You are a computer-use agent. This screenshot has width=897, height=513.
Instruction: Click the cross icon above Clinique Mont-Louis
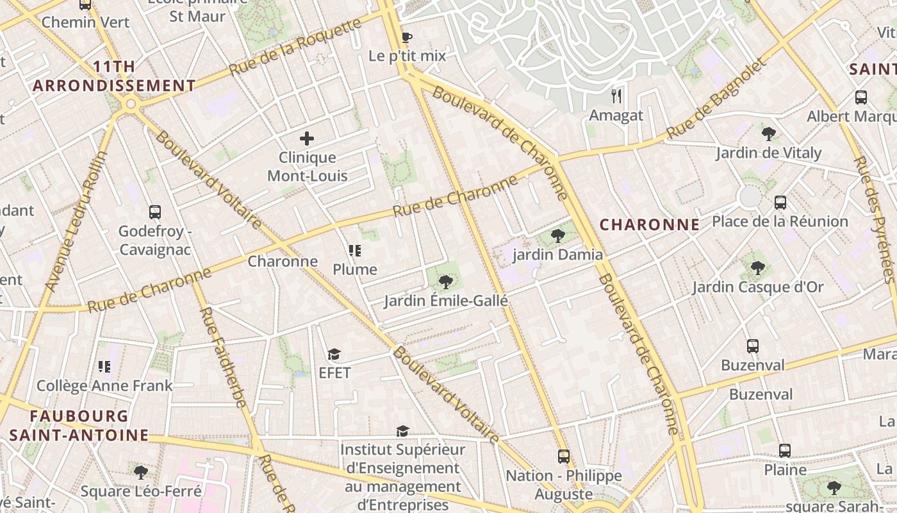pyautogui.click(x=307, y=138)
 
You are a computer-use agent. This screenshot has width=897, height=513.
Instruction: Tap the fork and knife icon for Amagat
pyautogui.click(x=616, y=96)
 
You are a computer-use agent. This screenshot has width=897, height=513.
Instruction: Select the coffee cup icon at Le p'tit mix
pyautogui.click(x=406, y=37)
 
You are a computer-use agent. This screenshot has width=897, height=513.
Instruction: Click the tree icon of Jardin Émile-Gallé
pyautogui.click(x=445, y=282)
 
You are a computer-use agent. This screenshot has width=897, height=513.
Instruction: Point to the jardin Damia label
pyautogui.click(x=557, y=255)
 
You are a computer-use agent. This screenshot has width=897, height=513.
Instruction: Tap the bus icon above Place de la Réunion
pyautogui.click(x=780, y=203)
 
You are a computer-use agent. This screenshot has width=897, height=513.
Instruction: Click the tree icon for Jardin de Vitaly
pyautogui.click(x=768, y=134)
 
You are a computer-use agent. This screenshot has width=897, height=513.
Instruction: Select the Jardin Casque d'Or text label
pyautogui.click(x=757, y=287)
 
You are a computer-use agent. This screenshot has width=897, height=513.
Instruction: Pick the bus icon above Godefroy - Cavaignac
pyautogui.click(x=154, y=212)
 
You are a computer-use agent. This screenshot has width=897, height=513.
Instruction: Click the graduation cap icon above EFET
pyautogui.click(x=334, y=354)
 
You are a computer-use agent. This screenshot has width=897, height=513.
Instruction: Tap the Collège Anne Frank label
pyautogui.click(x=104, y=385)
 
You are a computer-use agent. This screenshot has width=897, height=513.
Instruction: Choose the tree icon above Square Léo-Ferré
pyautogui.click(x=141, y=473)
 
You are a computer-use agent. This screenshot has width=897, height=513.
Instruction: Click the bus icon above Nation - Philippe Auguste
pyautogui.click(x=563, y=456)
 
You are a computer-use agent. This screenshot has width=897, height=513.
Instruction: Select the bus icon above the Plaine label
pyautogui.click(x=784, y=450)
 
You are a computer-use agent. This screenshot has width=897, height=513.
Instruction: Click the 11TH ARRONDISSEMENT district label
pyautogui.click(x=114, y=76)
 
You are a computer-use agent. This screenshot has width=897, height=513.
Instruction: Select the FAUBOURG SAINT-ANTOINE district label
pyautogui.click(x=79, y=426)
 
